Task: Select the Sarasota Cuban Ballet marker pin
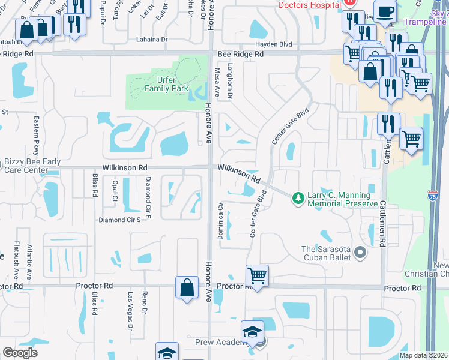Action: tap(360, 253)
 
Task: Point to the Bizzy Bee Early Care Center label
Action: tap(25, 166)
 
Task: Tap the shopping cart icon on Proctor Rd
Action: tap(257, 276)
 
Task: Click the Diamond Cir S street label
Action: tap(119, 220)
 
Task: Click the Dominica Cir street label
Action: tap(221, 223)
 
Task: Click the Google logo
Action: tap(20, 353)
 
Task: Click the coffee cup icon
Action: tap(387, 11)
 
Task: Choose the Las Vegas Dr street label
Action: tap(130, 310)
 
